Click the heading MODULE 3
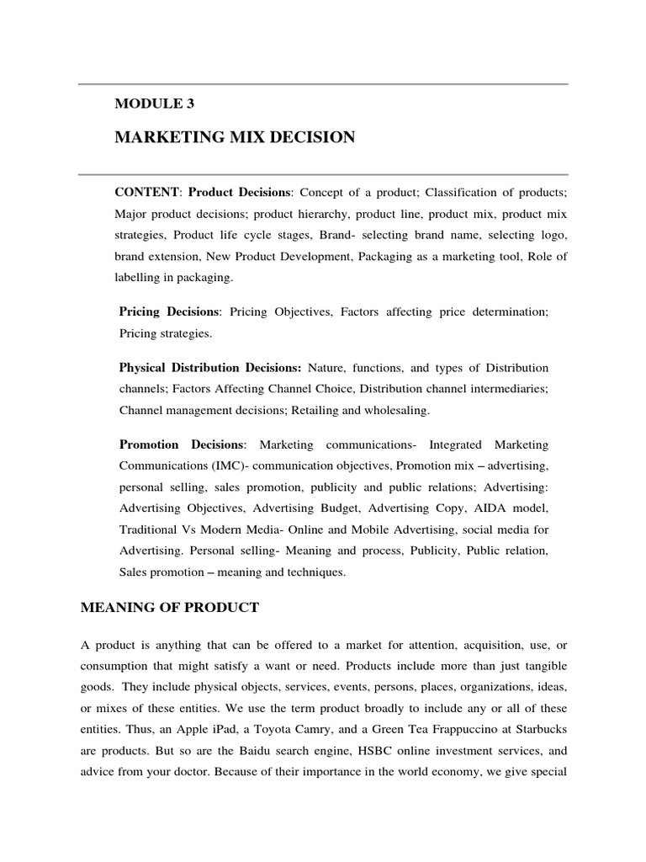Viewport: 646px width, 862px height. point(155,104)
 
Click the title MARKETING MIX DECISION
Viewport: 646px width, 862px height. point(235,137)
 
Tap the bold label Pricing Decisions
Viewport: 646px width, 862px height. point(169,311)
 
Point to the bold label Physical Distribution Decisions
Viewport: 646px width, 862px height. point(210,368)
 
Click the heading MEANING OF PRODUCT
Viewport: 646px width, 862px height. point(170,606)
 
